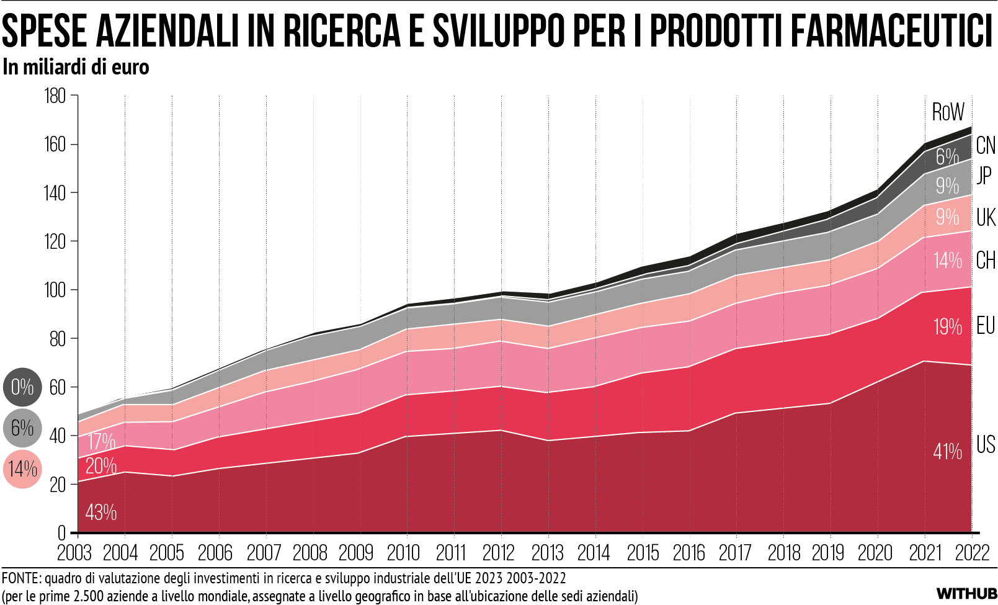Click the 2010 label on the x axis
403,552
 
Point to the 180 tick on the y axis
55,96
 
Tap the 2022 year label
972,552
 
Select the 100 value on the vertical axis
55,290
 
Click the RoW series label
948,112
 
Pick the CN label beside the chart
985,146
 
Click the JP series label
984,175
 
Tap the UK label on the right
985,218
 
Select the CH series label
985,261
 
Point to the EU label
985,326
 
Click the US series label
985,445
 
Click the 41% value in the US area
947,452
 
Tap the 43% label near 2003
100,513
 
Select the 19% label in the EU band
947,327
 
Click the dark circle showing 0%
22,387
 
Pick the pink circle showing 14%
22,469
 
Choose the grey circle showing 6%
22,428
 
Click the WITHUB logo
966,594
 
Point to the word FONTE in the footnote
19,579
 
